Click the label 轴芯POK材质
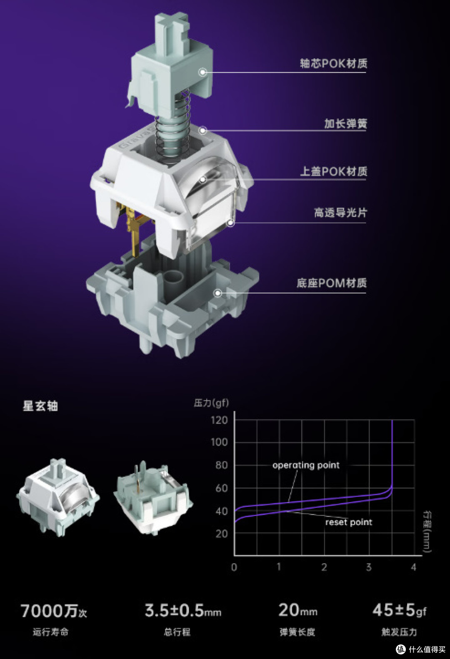click(333, 64)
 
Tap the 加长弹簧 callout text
click(345, 124)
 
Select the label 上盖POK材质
click(333, 171)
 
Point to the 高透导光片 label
click(340, 213)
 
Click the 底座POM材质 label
click(332, 283)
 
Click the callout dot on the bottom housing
click(217, 293)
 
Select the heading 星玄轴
click(40, 406)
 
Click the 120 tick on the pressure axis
click(219, 420)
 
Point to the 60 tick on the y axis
click(221, 488)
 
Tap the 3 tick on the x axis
click(368, 567)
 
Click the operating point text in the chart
click(306, 465)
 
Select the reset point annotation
click(348, 522)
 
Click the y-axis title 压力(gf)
click(211, 403)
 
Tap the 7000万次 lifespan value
click(54, 611)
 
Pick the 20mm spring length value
click(297, 610)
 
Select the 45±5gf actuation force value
click(399, 610)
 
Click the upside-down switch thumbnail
click(152, 497)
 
